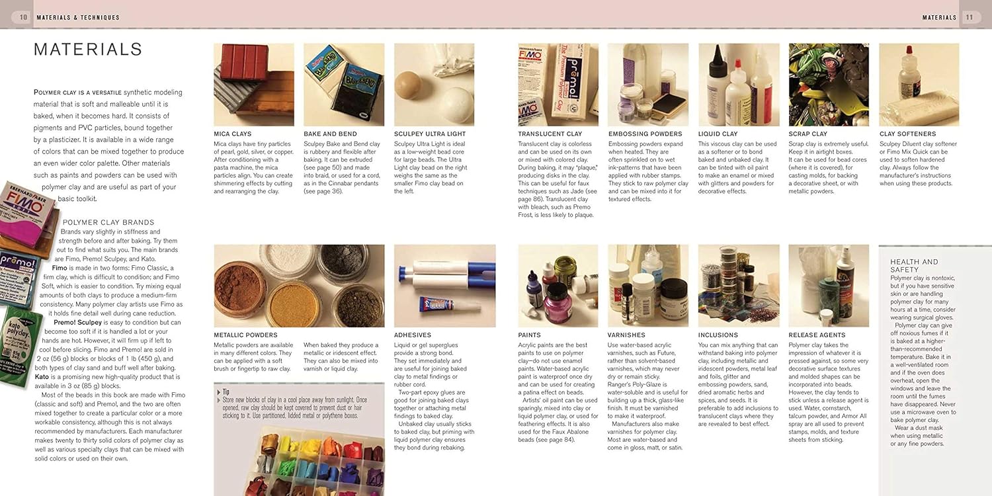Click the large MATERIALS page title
[88, 50]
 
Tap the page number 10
[23, 17]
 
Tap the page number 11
[969, 17]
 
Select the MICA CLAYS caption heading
[232, 134]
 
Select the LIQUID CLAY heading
[718, 134]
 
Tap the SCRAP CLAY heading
[807, 134]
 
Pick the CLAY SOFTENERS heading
[907, 134]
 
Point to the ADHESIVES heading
[412, 335]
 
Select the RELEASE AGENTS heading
[817, 335]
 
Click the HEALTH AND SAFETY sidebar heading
[914, 266]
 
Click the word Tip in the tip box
[226, 391]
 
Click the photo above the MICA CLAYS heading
[254, 85]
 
